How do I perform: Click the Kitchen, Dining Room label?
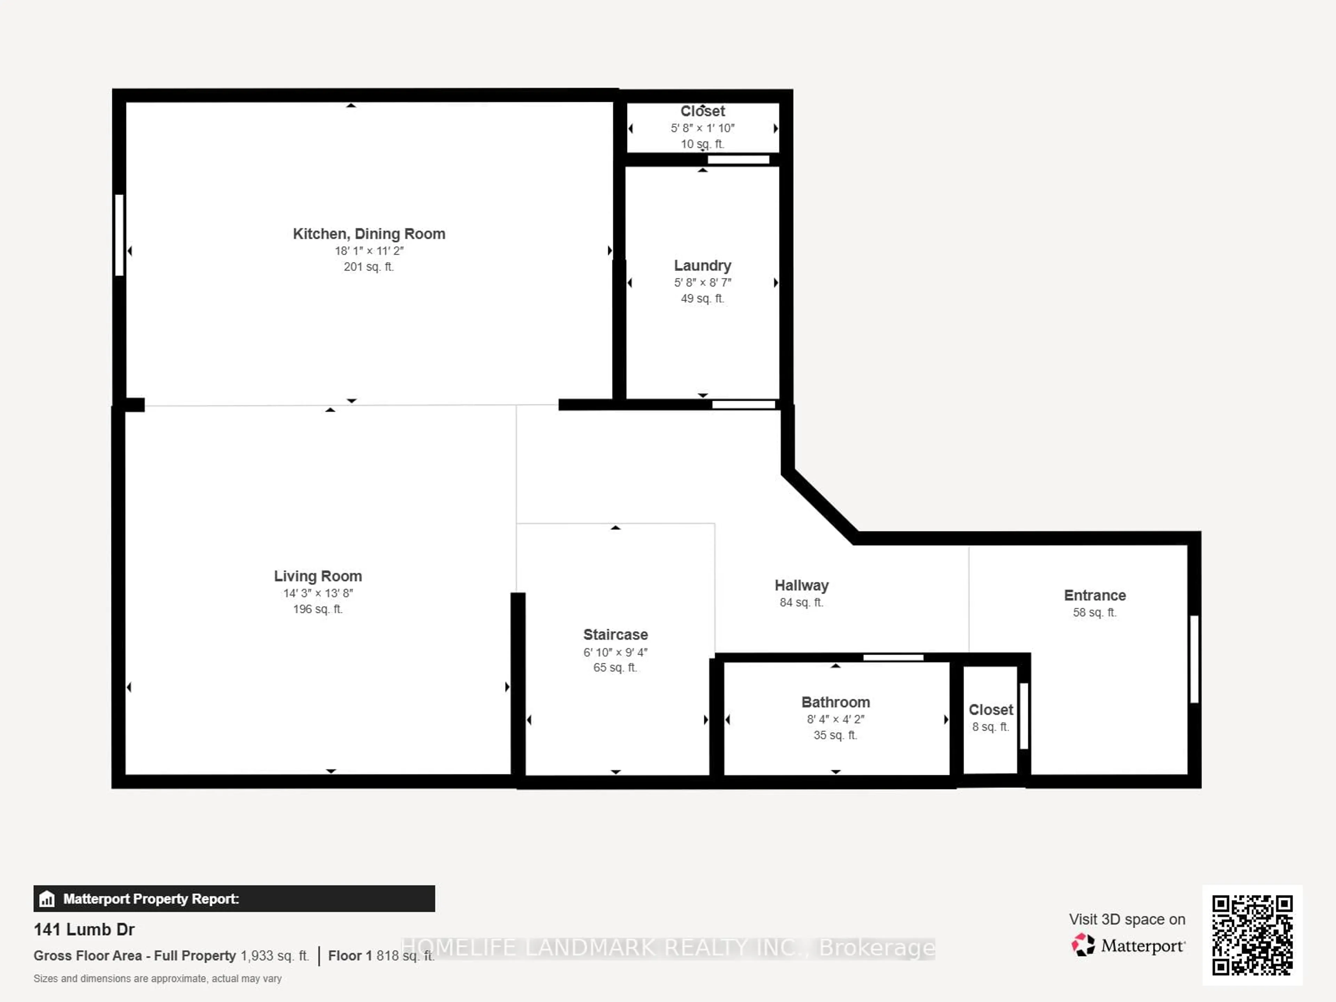click(x=369, y=234)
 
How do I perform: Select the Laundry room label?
click(x=702, y=266)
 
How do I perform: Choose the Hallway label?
click(x=802, y=585)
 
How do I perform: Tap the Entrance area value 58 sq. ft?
click(x=1095, y=612)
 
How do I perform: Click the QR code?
click(x=1252, y=935)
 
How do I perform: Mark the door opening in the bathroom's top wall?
click(x=893, y=657)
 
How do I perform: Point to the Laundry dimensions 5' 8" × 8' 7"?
click(x=702, y=282)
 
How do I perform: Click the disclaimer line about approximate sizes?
click(x=158, y=978)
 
